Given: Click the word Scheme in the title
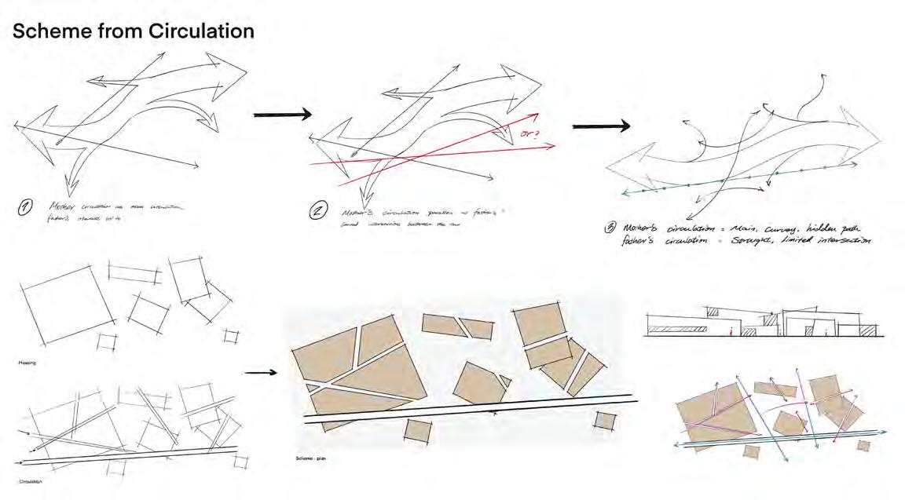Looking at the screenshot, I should (48, 31).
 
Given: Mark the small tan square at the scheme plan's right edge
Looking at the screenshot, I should (604, 421).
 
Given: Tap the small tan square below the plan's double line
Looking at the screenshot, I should (419, 431).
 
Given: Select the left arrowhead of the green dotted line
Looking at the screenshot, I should (626, 192).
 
